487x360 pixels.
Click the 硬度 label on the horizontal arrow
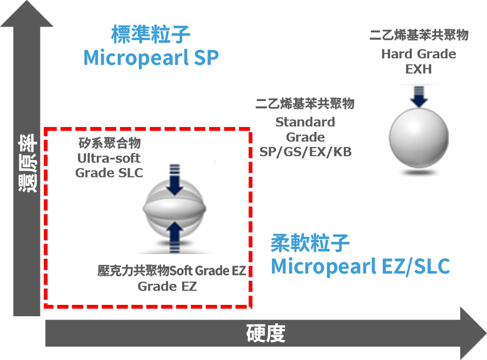[265, 334]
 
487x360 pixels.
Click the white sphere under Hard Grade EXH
[419, 138]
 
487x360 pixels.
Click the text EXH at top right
[418, 69]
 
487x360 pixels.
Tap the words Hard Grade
[418, 54]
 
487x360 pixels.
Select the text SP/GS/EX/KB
[305, 152]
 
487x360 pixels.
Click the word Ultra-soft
[109, 158]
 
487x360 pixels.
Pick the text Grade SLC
[109, 173]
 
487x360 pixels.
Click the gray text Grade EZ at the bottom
[167, 286]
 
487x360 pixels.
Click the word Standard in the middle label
[305, 122]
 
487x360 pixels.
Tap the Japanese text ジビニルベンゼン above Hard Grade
[418, 24]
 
